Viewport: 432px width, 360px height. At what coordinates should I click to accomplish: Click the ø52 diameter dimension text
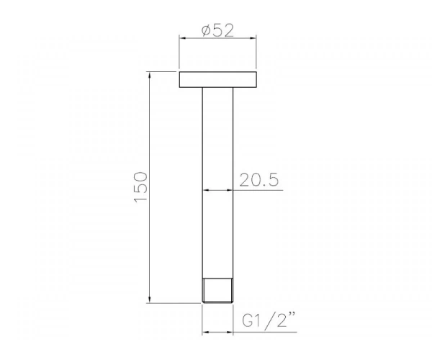217,30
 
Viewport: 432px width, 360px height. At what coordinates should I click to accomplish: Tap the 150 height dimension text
140,187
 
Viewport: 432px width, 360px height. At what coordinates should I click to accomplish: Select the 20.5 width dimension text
259,180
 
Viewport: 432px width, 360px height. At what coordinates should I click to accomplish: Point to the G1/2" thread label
269,320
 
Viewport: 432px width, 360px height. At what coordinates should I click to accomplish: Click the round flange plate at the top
218,80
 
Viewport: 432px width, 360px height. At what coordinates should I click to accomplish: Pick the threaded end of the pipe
217,291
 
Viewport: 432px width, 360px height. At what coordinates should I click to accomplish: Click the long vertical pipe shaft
217,183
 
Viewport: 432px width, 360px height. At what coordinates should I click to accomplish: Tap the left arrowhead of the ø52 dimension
182,38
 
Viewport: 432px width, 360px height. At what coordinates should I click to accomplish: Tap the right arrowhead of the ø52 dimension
253,38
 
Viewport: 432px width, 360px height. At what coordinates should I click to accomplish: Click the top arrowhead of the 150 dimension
150,75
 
